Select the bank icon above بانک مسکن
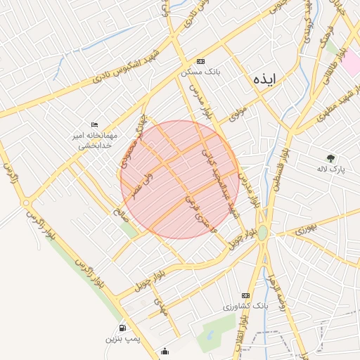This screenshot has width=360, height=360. click(x=201, y=62)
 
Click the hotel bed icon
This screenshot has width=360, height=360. click(x=94, y=124)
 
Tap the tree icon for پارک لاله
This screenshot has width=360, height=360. click(x=330, y=158)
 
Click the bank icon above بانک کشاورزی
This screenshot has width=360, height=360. click(x=245, y=295)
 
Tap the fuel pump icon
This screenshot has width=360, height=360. click(x=123, y=328)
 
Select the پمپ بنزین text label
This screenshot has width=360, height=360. click(x=124, y=339)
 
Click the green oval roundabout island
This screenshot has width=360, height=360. click(x=262, y=233)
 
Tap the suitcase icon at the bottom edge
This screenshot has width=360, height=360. click(x=165, y=351)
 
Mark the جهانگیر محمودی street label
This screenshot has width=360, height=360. click(x=132, y=148)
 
